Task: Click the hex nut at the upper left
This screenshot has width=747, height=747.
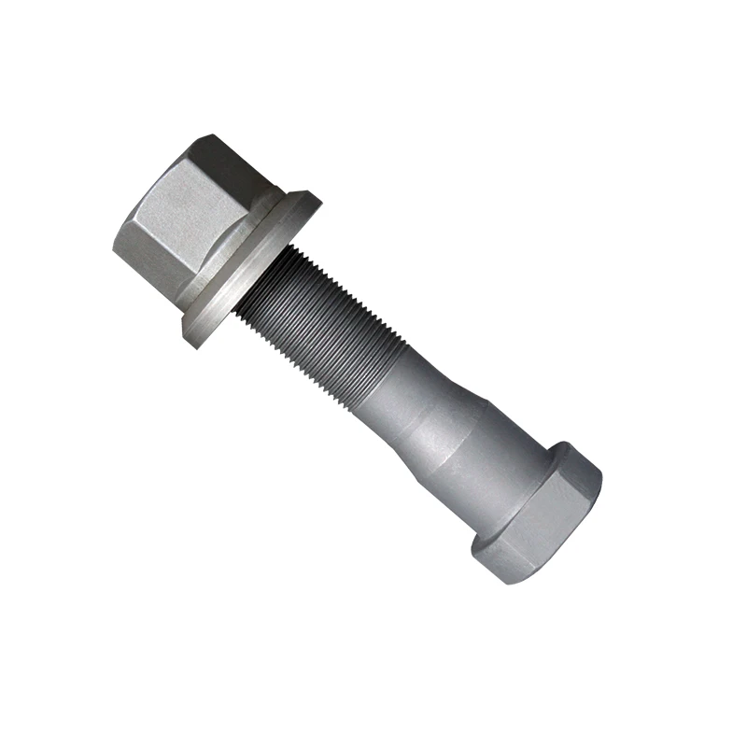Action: point(191,219)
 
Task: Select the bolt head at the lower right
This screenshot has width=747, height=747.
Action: point(542,514)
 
